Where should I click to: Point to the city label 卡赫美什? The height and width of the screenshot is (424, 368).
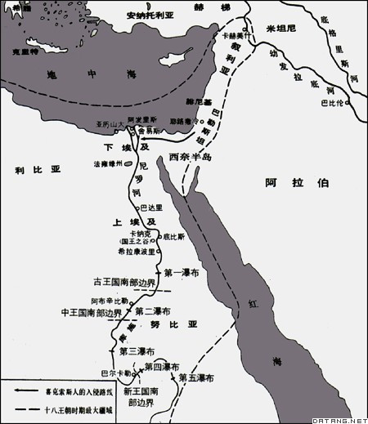(x=227, y=37)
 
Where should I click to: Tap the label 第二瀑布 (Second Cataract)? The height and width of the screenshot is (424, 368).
(x=153, y=311)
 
